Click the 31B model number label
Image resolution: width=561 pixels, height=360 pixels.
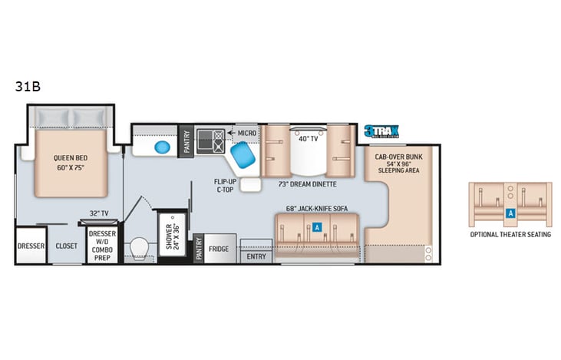(x=27, y=86)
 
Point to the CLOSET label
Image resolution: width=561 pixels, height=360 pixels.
(x=67, y=246)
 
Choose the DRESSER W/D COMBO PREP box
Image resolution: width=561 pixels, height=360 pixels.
(x=102, y=245)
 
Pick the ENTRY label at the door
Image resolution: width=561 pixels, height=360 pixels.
(x=256, y=257)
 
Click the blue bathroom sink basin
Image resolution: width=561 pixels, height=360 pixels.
(x=162, y=147)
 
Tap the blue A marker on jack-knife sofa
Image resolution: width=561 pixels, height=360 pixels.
(x=316, y=226)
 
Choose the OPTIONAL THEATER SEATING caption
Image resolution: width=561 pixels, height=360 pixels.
(x=510, y=234)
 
